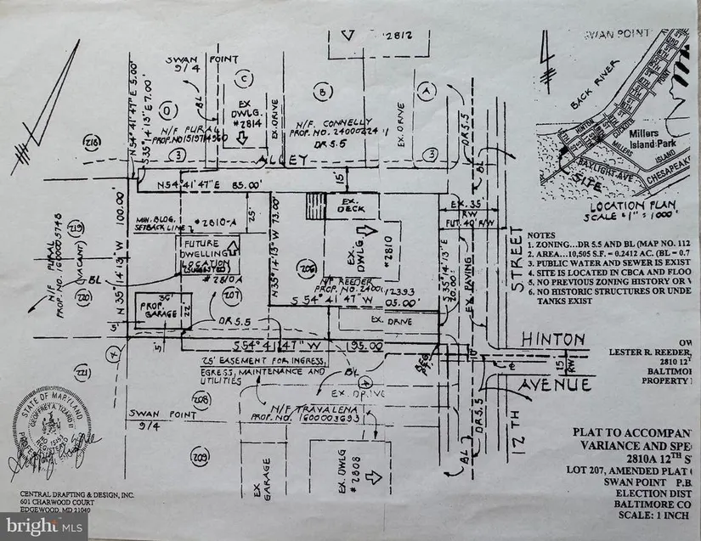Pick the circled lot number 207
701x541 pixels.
(x=229, y=294)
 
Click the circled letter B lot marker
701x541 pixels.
(x=321, y=90)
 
